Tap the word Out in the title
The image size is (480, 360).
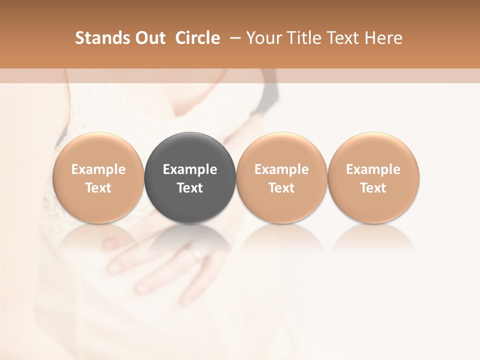(148, 38)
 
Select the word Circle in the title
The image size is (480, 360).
(197, 38)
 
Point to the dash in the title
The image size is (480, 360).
(233, 38)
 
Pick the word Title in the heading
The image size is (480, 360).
(304, 38)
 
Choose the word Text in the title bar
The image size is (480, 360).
(343, 38)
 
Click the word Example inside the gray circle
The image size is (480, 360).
(190, 169)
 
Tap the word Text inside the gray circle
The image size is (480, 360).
(190, 188)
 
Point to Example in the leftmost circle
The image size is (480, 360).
(98, 169)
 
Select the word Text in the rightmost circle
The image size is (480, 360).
(373, 188)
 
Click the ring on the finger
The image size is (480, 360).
(197, 255)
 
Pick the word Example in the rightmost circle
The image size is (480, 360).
(373, 169)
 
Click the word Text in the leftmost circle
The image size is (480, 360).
(98, 188)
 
